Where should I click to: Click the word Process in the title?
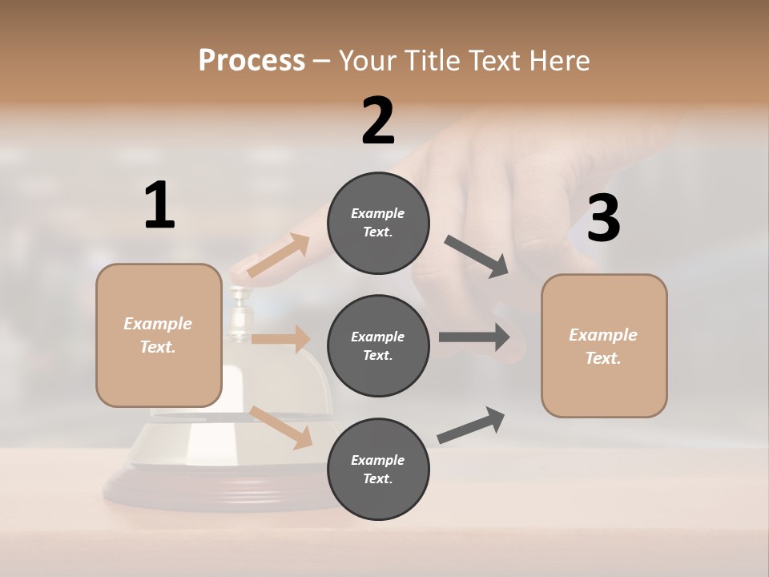click(x=252, y=60)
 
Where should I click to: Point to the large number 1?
click(x=159, y=206)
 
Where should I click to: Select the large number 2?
click(x=378, y=121)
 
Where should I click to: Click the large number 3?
click(x=603, y=218)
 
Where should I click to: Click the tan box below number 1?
click(x=159, y=335)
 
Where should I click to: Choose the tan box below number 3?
click(x=604, y=346)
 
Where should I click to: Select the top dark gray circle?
click(x=378, y=223)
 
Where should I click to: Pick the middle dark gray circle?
click(x=378, y=346)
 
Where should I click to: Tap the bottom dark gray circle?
click(x=378, y=470)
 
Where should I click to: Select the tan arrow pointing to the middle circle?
click(x=281, y=339)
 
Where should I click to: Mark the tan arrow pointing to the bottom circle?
click(x=281, y=427)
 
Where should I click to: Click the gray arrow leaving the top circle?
click(x=477, y=256)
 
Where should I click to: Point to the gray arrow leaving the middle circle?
click(x=474, y=337)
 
